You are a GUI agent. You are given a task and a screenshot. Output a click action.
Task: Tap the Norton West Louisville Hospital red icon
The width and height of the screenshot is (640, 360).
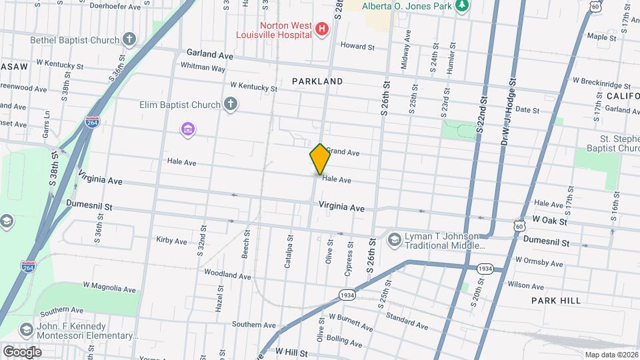(x=323, y=30)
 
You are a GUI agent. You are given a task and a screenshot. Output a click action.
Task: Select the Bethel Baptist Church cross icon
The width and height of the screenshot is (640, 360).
(x=129, y=40)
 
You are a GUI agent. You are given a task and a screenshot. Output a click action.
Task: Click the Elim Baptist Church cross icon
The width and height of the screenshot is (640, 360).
(x=230, y=104)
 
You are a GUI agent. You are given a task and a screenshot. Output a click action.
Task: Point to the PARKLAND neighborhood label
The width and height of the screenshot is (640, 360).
(x=317, y=81)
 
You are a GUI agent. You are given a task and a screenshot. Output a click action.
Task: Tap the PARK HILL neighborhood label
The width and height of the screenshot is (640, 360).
(x=556, y=301)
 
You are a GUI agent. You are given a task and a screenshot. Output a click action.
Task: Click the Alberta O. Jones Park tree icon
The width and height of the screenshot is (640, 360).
(x=462, y=6)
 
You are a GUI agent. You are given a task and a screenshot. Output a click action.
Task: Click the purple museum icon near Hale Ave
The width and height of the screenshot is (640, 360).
(x=188, y=128)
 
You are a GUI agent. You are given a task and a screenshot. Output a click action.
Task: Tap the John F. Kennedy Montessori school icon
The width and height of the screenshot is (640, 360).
(x=26, y=330)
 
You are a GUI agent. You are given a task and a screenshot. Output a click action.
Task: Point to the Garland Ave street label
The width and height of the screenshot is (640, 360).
(x=210, y=55)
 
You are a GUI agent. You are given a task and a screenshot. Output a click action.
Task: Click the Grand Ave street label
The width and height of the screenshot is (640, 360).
(x=343, y=152)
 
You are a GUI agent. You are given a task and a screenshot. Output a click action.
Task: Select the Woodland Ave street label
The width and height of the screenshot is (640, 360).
(x=227, y=274)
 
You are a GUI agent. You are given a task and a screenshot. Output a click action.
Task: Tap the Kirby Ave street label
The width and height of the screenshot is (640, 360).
(x=171, y=240)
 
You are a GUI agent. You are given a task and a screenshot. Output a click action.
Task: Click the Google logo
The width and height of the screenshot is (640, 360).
(x=22, y=351)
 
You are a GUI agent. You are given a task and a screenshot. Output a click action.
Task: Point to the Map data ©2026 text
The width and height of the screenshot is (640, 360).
(x=611, y=355)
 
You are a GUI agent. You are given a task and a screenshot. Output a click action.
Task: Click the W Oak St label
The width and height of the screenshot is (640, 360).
(x=549, y=221)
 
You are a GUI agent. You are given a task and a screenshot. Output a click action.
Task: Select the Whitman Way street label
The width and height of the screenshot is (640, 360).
(x=203, y=67)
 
